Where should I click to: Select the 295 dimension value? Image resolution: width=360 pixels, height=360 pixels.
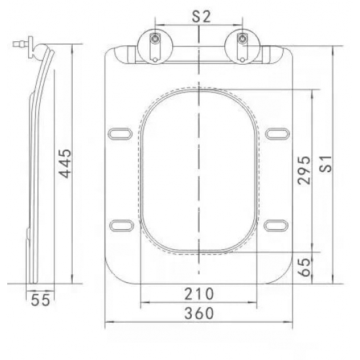(x=304, y=170)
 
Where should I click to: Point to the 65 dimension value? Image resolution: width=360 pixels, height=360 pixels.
(x=304, y=266)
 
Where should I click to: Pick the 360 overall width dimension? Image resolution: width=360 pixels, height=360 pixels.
(x=198, y=313)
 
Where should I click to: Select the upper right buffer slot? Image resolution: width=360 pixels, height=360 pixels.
(x=278, y=133)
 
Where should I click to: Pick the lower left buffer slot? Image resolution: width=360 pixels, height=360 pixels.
(x=121, y=224)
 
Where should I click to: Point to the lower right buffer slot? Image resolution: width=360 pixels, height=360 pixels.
(x=278, y=224)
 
